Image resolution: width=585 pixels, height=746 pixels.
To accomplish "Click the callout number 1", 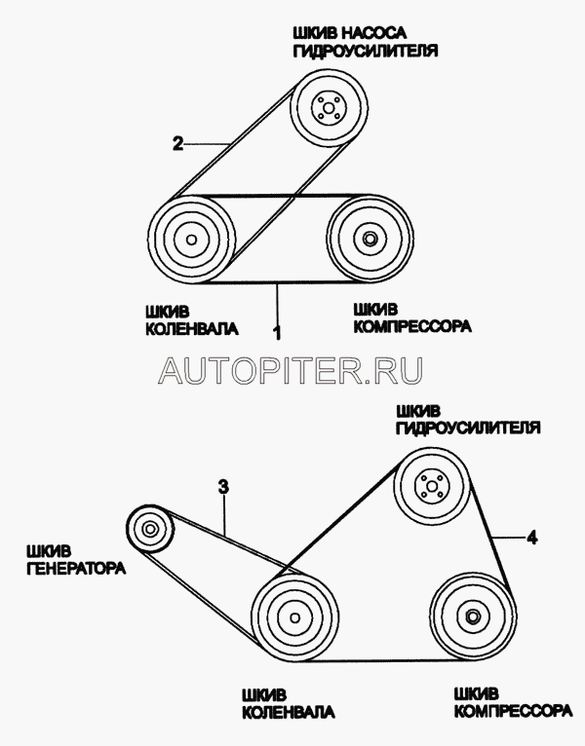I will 278,333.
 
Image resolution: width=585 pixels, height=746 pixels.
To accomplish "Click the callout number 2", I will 177,144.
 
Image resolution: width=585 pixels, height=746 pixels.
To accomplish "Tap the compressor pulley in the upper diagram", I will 369,239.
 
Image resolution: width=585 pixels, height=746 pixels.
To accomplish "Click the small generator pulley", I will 150,531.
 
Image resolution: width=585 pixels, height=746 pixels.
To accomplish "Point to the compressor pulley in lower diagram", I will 472,616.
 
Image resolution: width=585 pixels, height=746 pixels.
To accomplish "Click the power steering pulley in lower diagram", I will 431,486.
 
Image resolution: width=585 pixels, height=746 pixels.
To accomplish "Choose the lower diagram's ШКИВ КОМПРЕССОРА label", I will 512,702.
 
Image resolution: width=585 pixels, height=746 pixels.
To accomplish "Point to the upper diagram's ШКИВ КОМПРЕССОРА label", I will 409,318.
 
